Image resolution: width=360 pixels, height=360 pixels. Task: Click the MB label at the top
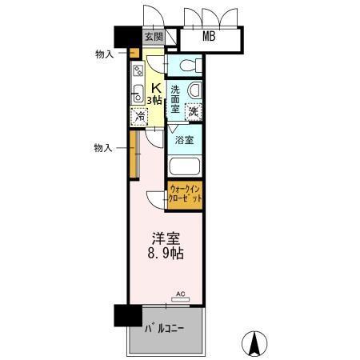coord(208,36)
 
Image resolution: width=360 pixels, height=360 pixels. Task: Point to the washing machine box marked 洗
coord(193,112)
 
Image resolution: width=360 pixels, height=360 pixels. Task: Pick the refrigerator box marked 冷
coord(140,117)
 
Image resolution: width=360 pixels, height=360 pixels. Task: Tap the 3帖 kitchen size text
coord(155,100)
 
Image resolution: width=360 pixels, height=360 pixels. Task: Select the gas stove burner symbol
coord(137,70)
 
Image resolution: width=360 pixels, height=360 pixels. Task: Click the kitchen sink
coord(137,91)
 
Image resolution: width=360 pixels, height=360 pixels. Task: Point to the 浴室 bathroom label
coord(184,140)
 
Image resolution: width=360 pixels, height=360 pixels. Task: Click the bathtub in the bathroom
coord(184,168)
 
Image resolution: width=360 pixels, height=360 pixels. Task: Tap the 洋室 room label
coord(166,238)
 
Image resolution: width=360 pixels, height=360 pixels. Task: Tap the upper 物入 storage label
coord(104,54)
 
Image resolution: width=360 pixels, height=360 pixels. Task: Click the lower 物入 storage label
coord(103,147)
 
